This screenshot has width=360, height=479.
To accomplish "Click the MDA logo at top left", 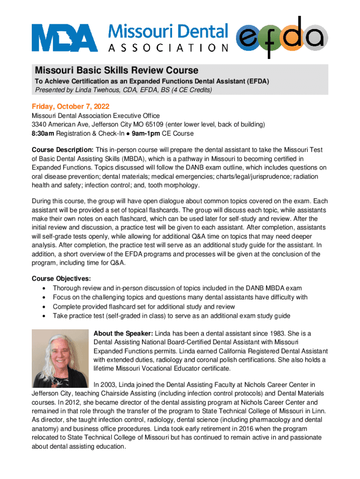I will [x=65, y=38].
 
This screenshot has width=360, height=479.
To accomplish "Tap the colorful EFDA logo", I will [x=281, y=36].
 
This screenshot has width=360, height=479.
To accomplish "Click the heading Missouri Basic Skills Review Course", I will [x=116, y=70].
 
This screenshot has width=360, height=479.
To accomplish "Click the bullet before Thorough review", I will [x=43, y=288].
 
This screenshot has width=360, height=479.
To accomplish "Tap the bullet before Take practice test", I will [x=43, y=316].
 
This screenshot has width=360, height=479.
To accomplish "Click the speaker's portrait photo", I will [x=59, y=358].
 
